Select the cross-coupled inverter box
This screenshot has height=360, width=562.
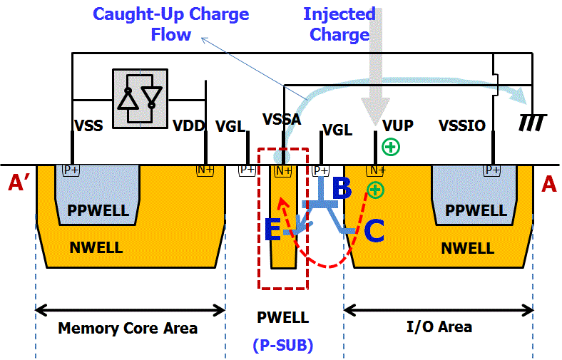(x=140, y=99)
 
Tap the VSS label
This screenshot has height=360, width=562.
(x=88, y=126)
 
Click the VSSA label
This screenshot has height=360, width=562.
(x=282, y=119)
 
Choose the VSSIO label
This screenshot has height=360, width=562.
(x=462, y=126)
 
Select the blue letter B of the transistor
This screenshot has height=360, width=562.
(x=342, y=188)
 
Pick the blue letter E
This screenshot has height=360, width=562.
(x=272, y=230)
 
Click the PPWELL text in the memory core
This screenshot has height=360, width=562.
(x=98, y=212)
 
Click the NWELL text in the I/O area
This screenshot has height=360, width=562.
(x=468, y=248)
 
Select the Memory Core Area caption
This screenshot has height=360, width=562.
(x=128, y=328)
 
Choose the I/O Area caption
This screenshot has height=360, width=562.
(x=439, y=326)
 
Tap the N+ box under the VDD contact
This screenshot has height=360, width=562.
(x=205, y=170)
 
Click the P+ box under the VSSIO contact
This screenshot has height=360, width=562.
(x=492, y=170)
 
